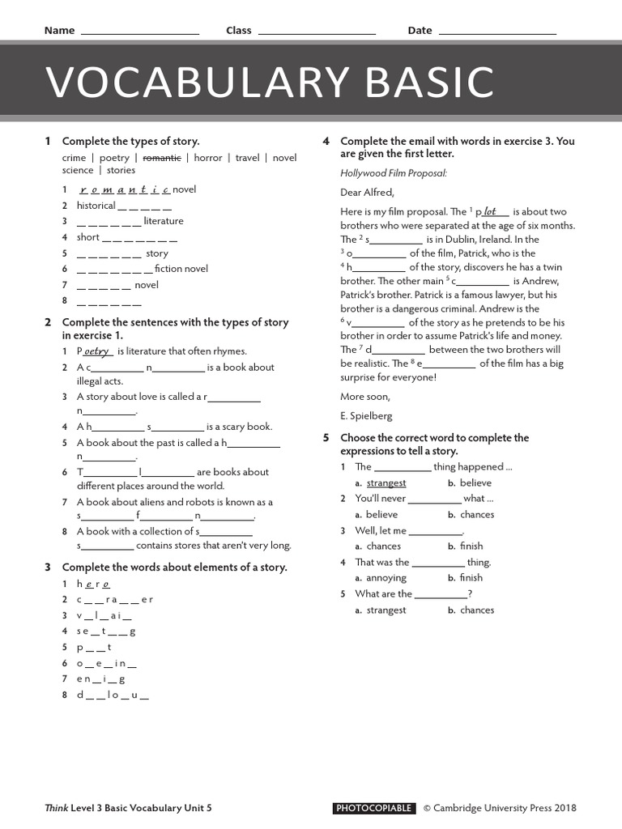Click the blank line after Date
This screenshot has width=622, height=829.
point(496,32)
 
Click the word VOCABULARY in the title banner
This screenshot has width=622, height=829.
point(185,83)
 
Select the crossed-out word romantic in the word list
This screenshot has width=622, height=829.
point(161,158)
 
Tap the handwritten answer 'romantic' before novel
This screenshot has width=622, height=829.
point(125,190)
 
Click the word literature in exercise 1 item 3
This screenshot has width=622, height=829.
point(164,221)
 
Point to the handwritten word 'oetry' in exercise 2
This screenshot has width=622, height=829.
point(97,351)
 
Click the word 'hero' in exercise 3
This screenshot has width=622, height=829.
point(93,584)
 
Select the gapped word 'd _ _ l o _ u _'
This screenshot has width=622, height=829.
point(113,695)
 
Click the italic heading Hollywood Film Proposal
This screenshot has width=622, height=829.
point(394,173)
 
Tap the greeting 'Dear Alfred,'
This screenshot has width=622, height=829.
point(367,193)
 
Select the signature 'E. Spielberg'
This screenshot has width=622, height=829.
point(366,416)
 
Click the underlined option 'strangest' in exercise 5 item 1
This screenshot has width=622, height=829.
point(386,483)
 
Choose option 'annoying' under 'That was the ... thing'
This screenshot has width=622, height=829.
point(386,578)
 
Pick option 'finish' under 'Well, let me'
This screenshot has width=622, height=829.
point(471,546)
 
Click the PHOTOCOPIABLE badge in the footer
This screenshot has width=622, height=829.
point(374,808)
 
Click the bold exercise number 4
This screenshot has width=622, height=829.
point(326,141)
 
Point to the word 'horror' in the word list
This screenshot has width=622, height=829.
point(208,158)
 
